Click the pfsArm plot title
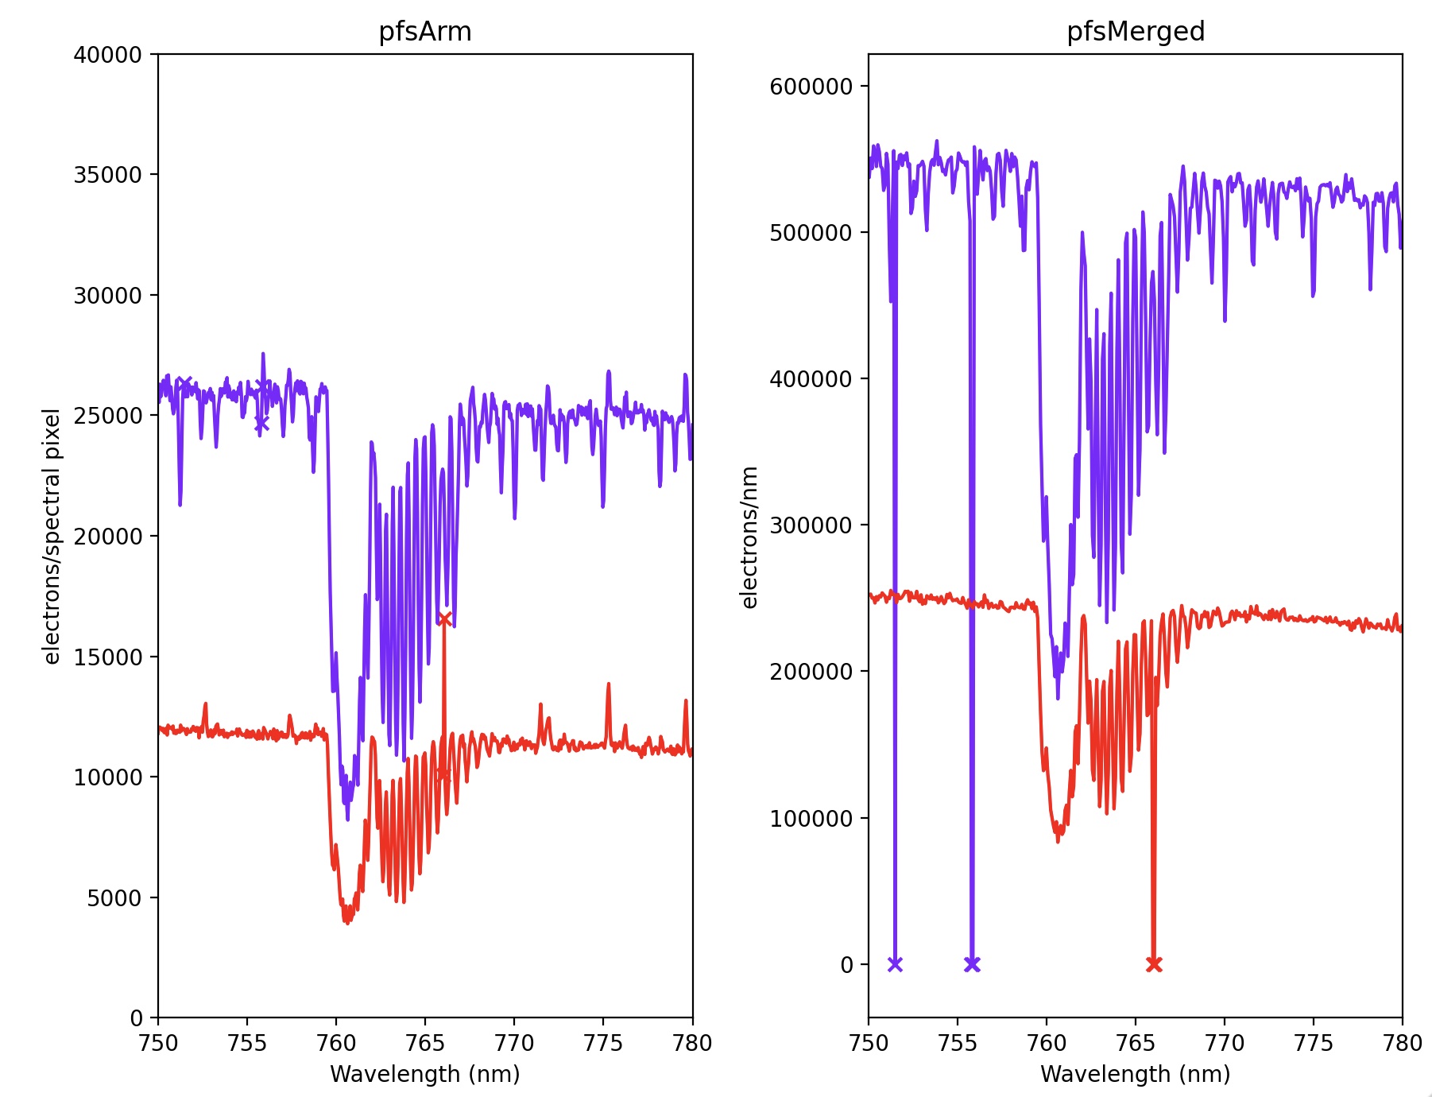(425, 32)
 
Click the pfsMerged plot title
(1136, 32)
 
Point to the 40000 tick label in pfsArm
(107, 55)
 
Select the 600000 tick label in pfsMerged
(811, 87)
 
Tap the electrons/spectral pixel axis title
(52, 537)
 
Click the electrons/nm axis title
(749, 537)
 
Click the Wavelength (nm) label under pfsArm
(425, 1074)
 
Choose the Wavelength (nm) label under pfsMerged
(1136, 1074)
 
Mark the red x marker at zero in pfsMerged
(1154, 964)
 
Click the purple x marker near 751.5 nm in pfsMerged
(895, 964)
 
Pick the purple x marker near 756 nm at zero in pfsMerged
(972, 964)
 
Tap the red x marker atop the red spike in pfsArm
(444, 619)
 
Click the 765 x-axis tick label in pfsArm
(425, 1043)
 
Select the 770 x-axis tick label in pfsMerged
(1225, 1043)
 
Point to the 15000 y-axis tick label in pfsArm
(107, 657)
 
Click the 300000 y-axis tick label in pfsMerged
(811, 525)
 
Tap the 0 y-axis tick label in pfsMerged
(847, 965)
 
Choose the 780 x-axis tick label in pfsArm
(692, 1043)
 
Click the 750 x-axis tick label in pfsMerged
(869, 1043)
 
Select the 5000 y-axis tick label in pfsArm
(114, 898)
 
